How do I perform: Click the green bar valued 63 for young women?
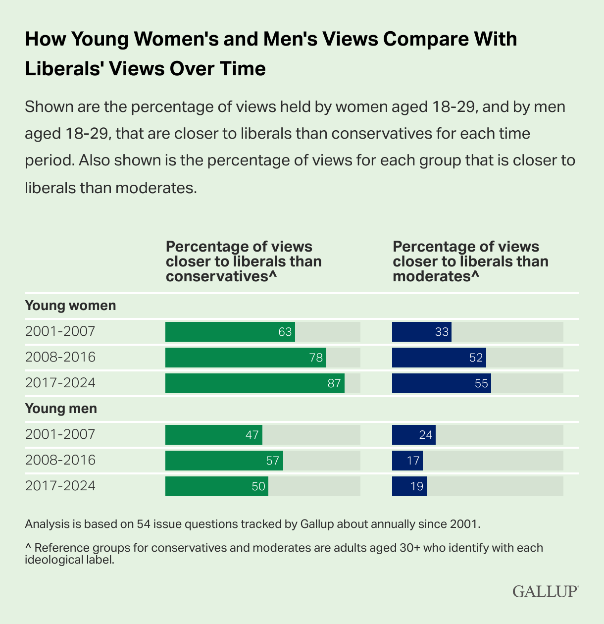(230, 332)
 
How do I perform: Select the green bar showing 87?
(255, 383)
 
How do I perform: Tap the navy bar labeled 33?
(421, 332)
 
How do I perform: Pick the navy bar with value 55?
(441, 383)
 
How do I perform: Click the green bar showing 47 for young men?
(213, 435)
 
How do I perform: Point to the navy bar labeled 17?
(407, 461)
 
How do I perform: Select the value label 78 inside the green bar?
(316, 358)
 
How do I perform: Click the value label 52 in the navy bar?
(476, 358)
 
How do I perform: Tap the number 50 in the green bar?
(258, 486)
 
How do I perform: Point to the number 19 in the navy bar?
(417, 486)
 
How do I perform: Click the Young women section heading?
(70, 306)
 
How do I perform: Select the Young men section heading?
(61, 409)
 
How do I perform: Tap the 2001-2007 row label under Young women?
(60, 331)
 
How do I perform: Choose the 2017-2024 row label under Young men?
(60, 486)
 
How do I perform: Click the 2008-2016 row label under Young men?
(60, 460)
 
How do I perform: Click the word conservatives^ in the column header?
(221, 276)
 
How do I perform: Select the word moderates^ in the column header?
(436, 276)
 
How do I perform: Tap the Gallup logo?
(545, 591)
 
